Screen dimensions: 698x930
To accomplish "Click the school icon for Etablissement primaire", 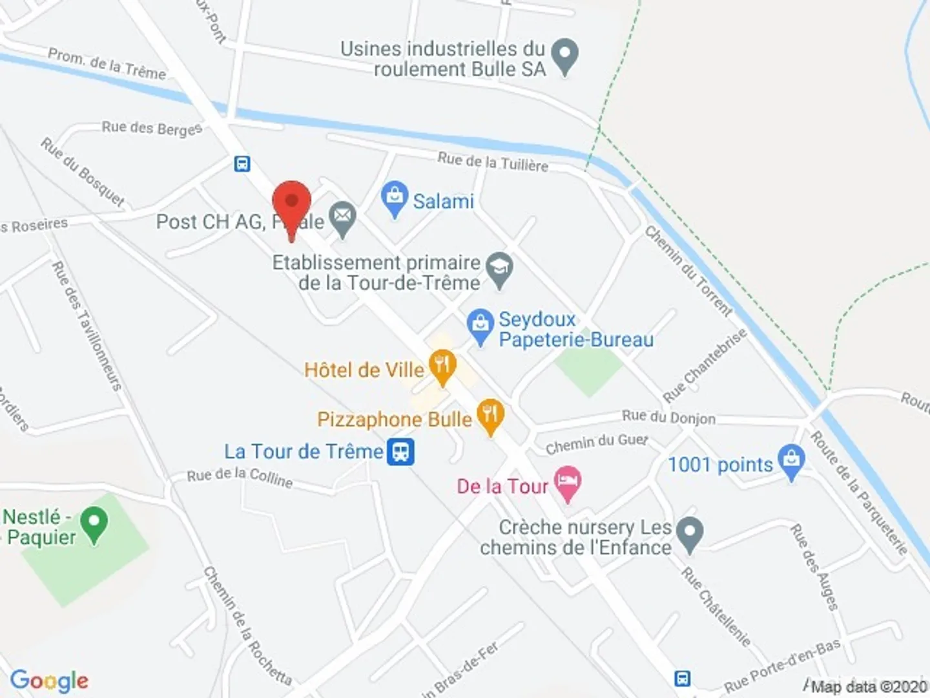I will click(x=499, y=268).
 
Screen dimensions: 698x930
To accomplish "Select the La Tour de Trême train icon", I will click(x=400, y=452).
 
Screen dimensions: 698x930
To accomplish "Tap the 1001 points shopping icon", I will click(x=791, y=461).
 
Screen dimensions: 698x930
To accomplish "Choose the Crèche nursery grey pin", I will click(x=689, y=534).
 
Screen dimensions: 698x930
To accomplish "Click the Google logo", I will click(x=49, y=681).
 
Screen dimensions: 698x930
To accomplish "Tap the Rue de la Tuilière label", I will click(x=493, y=162).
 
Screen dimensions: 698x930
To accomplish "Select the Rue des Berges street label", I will click(x=152, y=128).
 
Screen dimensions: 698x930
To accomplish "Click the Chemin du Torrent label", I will click(x=688, y=271).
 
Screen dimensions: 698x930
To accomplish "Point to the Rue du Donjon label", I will click(x=668, y=418).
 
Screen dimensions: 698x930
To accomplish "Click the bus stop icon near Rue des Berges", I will click(x=242, y=164).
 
